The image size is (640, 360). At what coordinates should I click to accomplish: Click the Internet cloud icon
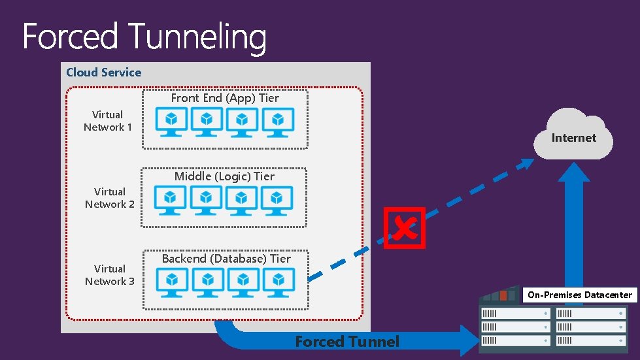point(573,135)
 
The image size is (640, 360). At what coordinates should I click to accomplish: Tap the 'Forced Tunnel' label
point(347,341)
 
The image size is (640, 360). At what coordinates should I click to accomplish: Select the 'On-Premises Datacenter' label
point(580,295)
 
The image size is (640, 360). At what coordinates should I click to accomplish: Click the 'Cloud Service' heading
point(103,73)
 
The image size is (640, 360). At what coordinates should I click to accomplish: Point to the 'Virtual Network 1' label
point(108,121)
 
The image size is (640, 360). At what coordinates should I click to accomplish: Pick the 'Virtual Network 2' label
point(109,198)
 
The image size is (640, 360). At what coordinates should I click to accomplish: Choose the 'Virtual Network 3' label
point(109,275)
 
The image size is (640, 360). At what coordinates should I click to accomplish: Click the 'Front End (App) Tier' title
point(225,98)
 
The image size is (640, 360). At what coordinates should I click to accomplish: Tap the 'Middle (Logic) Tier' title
point(224,176)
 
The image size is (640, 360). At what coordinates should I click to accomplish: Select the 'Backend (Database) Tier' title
point(226,259)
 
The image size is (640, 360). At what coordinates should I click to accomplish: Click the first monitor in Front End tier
point(171,122)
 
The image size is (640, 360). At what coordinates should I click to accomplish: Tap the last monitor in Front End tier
point(278,122)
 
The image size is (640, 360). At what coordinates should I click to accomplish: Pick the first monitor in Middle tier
point(170,200)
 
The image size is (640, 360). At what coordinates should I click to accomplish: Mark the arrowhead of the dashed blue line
point(526,164)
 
